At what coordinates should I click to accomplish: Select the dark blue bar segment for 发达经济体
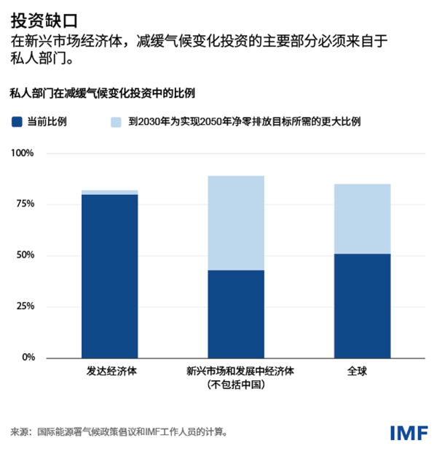(109, 276)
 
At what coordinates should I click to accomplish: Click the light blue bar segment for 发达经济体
(109, 192)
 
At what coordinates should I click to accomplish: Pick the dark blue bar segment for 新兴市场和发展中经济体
(235, 314)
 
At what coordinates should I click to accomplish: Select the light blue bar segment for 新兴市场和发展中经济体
(235, 223)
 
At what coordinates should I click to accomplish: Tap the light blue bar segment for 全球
(361, 218)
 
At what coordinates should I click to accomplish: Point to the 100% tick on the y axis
(23, 154)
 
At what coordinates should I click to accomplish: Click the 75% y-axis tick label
(25, 204)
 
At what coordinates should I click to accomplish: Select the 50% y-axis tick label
(25, 255)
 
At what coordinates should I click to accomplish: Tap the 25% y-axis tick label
(25, 307)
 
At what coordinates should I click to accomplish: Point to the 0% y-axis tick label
(28, 358)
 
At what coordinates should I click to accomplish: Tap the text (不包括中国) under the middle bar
(235, 385)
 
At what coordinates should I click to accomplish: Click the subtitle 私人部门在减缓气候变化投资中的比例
(101, 93)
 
